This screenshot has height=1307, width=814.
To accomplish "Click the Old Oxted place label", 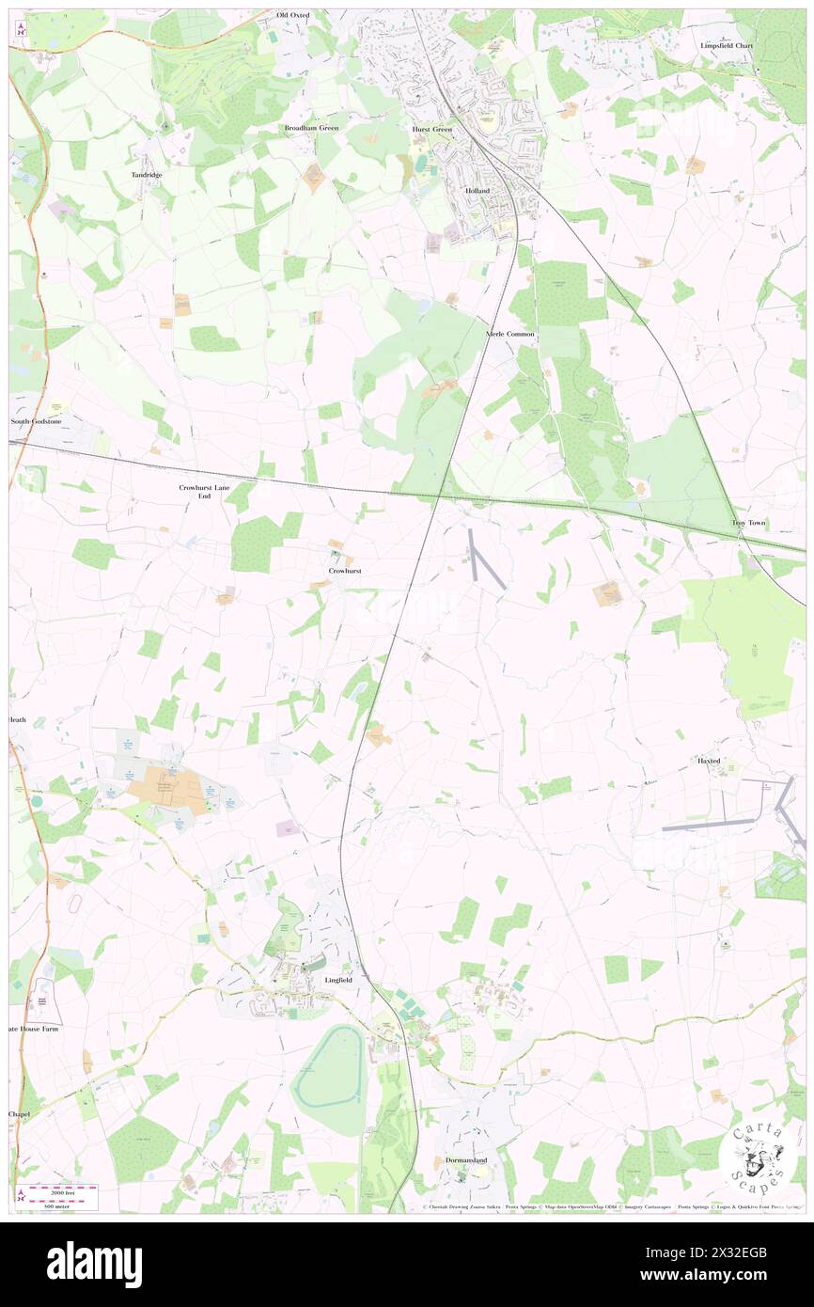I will pos(292,16).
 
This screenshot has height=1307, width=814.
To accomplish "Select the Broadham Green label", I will pos(311,127).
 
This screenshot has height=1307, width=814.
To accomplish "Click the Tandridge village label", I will pos(146,175).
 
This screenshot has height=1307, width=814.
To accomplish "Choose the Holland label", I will pos(477,190).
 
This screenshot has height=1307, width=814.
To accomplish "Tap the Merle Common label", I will pos(509,334).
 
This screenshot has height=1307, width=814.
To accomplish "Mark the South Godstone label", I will pos(36,422).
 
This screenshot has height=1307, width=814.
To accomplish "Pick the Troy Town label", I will pos(749,522).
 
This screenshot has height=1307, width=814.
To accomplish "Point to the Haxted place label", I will pos(708,760).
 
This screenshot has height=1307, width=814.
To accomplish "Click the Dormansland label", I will pos(466,1160).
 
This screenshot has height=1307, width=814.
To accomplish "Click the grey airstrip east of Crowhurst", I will pos(486,560).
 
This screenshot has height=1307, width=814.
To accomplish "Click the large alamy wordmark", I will pos(94,1264).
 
